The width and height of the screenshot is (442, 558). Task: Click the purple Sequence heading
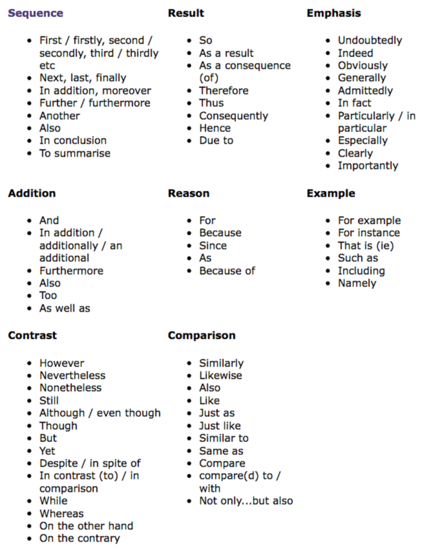(x=35, y=13)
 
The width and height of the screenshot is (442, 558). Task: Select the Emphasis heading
(x=334, y=13)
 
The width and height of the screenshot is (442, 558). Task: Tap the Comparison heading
(x=202, y=335)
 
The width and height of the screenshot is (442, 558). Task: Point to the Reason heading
(x=189, y=193)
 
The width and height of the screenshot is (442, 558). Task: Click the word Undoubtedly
(x=370, y=40)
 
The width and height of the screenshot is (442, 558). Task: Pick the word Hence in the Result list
(x=215, y=128)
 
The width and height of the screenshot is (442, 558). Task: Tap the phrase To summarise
(x=75, y=153)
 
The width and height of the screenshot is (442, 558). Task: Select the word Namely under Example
(x=357, y=283)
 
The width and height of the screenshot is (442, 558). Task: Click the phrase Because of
(x=227, y=271)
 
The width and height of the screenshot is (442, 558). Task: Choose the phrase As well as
(x=65, y=308)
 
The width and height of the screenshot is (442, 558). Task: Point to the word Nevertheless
(x=72, y=375)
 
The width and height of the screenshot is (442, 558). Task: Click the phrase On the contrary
(x=80, y=538)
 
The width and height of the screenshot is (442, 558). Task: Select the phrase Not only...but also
(x=246, y=501)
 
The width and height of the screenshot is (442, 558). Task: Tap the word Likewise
(x=221, y=375)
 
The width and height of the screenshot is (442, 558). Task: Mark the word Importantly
(x=368, y=166)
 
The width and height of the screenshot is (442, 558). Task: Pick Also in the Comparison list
(x=210, y=388)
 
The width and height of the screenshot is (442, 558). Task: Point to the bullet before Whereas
(x=30, y=514)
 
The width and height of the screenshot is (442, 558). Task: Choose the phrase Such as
(x=358, y=258)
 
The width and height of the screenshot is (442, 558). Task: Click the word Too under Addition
(x=48, y=295)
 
